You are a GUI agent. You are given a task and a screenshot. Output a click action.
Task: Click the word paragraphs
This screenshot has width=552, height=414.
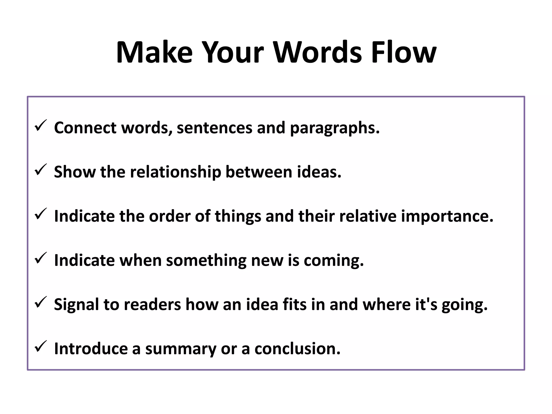pos(334,128)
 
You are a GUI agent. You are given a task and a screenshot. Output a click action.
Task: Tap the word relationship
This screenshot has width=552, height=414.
pos(175,172)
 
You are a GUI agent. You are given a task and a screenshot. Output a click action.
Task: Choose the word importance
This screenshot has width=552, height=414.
pos(447,216)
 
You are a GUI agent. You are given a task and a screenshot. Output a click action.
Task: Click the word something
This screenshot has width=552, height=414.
pos(206,261)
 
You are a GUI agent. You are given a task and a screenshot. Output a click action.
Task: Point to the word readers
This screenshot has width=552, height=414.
pos(152,305)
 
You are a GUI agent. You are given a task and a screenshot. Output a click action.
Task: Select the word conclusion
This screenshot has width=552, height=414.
pos(298,349)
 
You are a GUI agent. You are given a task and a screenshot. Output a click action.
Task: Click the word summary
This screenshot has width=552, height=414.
pos(181,349)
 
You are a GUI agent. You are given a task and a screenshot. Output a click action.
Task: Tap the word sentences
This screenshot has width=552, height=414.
pos(215,128)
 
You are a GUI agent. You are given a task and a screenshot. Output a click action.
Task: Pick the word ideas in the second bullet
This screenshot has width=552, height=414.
pos(319,172)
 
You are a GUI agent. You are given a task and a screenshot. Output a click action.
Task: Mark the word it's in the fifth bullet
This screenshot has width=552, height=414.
pos(426,305)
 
